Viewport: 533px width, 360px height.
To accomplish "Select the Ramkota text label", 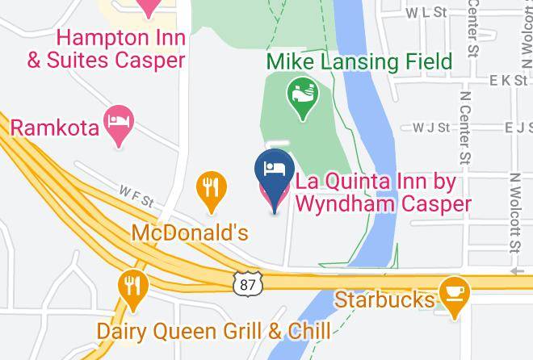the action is point(54,127).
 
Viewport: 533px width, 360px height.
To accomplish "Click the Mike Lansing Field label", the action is point(359,61).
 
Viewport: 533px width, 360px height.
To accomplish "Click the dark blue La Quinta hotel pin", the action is point(274,174).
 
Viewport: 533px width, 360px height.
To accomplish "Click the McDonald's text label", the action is point(190,232).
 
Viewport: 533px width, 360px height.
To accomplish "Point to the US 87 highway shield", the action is point(247,283).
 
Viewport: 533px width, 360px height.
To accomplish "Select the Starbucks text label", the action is point(384,299).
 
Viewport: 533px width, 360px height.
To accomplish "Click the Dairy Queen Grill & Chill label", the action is point(213,330).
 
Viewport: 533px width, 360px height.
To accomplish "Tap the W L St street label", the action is point(427,13).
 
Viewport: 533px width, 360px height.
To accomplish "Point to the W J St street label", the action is point(430,128).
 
